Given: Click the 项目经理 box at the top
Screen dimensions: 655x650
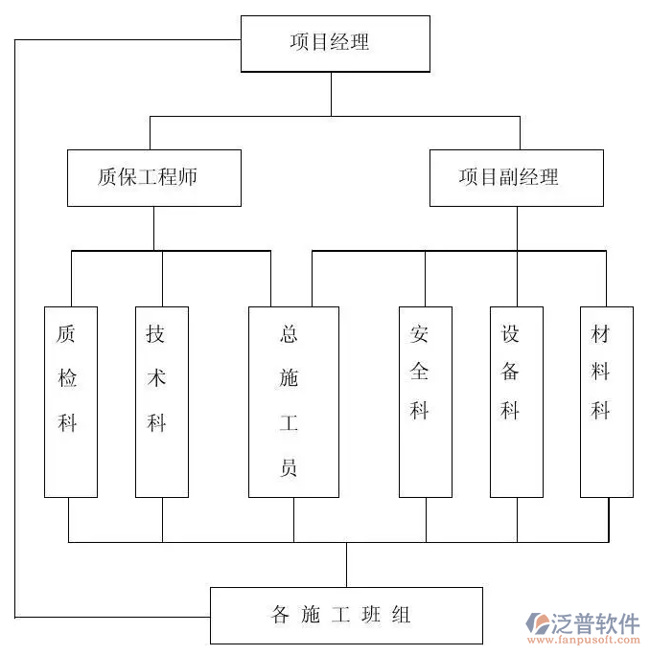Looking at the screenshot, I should click(x=335, y=43).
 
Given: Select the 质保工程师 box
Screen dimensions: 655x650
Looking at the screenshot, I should click(x=153, y=177).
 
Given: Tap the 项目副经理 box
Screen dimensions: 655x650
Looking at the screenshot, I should click(x=516, y=177).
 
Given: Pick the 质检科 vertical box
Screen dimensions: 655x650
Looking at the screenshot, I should click(x=70, y=401).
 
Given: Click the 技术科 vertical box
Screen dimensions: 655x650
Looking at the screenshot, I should click(x=161, y=401).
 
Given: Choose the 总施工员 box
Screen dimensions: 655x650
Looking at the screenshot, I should click(x=293, y=401).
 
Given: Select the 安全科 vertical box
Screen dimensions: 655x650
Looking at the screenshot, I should click(x=425, y=401).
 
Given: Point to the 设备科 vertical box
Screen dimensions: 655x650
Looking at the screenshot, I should click(x=516, y=401).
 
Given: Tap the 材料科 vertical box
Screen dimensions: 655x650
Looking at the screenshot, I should click(x=606, y=401).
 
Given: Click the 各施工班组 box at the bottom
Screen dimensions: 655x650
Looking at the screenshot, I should click(x=346, y=615).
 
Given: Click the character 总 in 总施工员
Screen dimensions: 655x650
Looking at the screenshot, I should click(x=289, y=334).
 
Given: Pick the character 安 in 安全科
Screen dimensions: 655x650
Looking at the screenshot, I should click(x=420, y=334).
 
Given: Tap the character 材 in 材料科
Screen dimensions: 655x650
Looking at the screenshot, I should click(x=600, y=334).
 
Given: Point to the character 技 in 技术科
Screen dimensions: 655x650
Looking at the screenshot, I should click(x=156, y=334).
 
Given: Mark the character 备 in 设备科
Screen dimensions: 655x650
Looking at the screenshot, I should click(x=510, y=373).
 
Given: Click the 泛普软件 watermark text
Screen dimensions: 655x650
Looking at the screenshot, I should click(x=595, y=623).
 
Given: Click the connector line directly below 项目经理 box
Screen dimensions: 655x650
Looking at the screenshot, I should click(x=332, y=94).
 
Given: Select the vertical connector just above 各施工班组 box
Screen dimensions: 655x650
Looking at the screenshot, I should click(x=347, y=564).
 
